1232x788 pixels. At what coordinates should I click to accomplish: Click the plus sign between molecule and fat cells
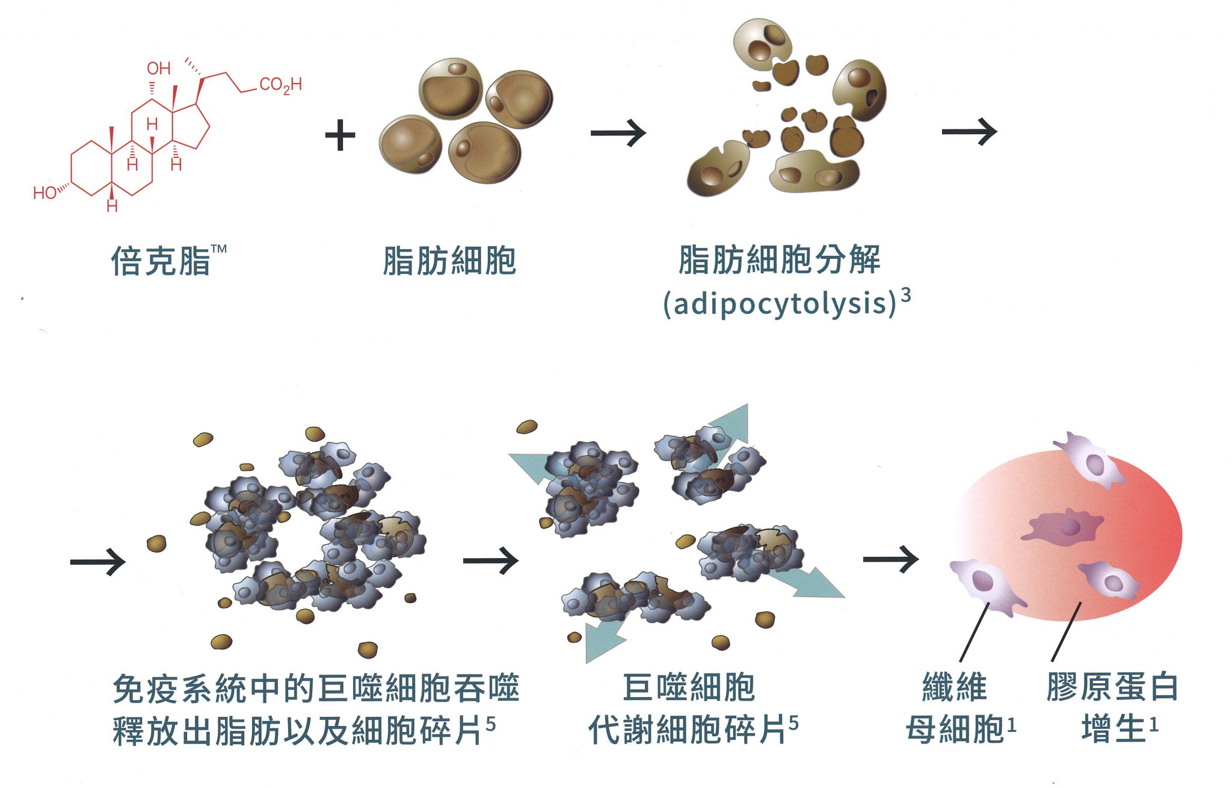(x=340, y=135)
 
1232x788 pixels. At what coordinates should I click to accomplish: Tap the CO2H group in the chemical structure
(x=280, y=86)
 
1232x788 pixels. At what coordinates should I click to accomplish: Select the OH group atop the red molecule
(x=159, y=69)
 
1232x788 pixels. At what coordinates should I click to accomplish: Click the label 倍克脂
(x=161, y=261)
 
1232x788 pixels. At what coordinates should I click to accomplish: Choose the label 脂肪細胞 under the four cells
(x=449, y=261)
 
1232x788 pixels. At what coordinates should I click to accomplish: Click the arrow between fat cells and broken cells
(x=617, y=133)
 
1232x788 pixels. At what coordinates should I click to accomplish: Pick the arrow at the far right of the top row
(x=969, y=132)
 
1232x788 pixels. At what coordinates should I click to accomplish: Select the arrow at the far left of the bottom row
(x=97, y=562)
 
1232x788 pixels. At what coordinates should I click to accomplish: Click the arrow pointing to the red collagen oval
(x=890, y=560)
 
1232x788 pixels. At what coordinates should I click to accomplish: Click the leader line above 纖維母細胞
(x=975, y=632)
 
